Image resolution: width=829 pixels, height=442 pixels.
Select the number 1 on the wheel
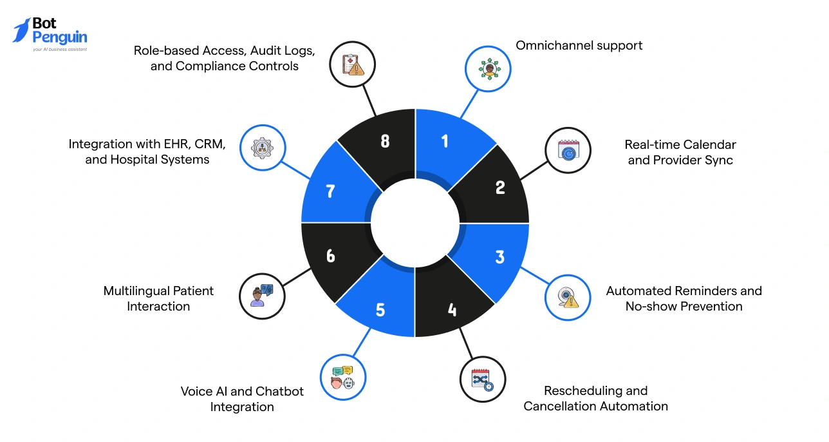point(445,140)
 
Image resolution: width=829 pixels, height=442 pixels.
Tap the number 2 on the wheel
point(500,187)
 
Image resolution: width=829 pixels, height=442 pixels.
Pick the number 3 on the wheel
point(499,256)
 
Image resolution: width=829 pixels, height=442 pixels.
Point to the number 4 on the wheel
point(452,310)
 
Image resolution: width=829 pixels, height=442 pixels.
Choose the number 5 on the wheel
point(380,310)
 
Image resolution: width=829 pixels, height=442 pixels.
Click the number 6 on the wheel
point(331,256)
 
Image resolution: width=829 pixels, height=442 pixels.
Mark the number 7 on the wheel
point(331,191)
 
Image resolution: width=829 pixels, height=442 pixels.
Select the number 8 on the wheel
point(385,140)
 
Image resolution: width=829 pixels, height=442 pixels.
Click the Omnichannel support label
point(579,45)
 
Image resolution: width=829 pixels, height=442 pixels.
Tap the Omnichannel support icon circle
point(488,69)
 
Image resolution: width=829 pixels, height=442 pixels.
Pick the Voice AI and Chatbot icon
point(343,377)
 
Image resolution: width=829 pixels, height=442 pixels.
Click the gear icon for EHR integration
point(263,148)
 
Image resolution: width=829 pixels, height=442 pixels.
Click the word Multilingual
point(136,291)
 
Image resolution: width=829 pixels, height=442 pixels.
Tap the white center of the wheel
point(415,223)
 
